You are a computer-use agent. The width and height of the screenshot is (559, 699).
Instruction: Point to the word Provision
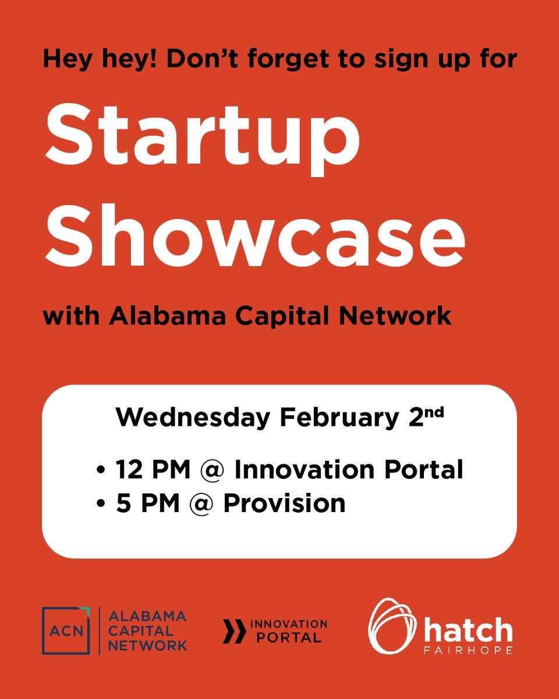tap(284, 503)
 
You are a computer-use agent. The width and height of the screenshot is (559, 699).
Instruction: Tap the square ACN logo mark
tap(66, 630)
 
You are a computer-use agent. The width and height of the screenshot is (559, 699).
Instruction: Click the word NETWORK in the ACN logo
tap(148, 645)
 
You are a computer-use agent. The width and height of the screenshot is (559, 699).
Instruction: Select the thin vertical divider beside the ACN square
tap(100, 630)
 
